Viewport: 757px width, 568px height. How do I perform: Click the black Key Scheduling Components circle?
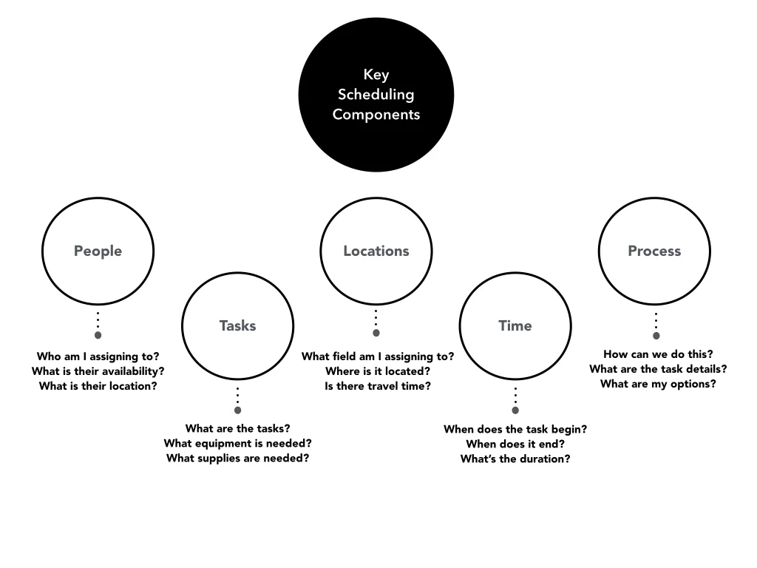click(376, 95)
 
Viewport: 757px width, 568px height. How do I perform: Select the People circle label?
click(98, 251)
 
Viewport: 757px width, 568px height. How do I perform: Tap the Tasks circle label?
click(237, 325)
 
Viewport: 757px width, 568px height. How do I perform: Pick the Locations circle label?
click(376, 251)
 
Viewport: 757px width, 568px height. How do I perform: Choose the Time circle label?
click(515, 325)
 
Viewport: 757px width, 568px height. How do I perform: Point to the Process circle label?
click(654, 251)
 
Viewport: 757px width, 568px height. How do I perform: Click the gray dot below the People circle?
click(98, 335)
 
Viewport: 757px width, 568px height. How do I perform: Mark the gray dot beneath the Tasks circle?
click(237, 410)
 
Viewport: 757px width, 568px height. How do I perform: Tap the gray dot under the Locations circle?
click(376, 333)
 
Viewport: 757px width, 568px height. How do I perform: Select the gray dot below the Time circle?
click(515, 410)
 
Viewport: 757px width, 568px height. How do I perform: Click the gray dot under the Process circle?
click(656, 335)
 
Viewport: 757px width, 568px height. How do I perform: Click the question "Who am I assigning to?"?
click(98, 356)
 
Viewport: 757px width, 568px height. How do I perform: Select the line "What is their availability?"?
click(98, 371)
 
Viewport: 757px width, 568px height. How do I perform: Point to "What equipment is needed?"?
click(237, 443)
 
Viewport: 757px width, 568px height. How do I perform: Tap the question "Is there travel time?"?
click(377, 386)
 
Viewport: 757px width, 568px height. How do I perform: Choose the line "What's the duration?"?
click(515, 459)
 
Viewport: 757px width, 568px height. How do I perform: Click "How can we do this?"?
click(658, 354)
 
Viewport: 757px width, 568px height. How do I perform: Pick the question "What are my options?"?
click(658, 384)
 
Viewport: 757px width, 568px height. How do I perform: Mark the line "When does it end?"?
click(515, 444)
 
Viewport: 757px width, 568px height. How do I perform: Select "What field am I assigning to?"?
click(377, 356)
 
